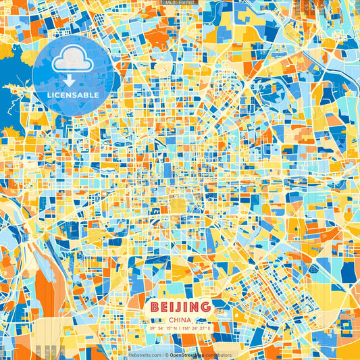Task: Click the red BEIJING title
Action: coord(180,307)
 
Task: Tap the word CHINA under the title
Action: coord(180,319)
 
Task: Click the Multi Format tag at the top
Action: coord(180,3)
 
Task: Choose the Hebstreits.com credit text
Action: coord(145,355)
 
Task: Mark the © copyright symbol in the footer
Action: coord(165,355)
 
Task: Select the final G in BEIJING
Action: coord(205,307)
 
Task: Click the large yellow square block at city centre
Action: coord(178,205)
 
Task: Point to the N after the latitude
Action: coord(174,328)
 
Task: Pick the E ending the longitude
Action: coord(209,328)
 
